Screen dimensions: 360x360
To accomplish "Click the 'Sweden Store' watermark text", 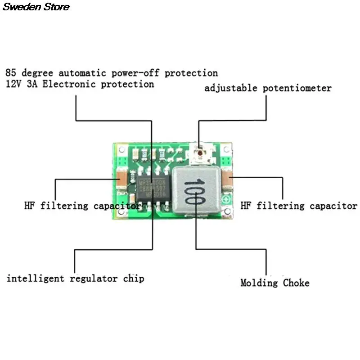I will (x=35, y=7).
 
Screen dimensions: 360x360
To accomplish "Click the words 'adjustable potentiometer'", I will (x=268, y=88).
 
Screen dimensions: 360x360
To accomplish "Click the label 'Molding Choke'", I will (x=274, y=283).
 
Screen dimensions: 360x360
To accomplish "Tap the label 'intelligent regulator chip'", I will (x=75, y=278).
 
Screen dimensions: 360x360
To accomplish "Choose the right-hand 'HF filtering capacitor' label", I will (x=299, y=206).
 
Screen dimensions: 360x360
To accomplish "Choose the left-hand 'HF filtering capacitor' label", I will (x=81, y=206).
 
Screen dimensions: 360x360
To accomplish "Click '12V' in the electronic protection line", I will (x=13, y=84).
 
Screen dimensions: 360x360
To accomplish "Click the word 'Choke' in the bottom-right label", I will (x=296, y=283).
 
